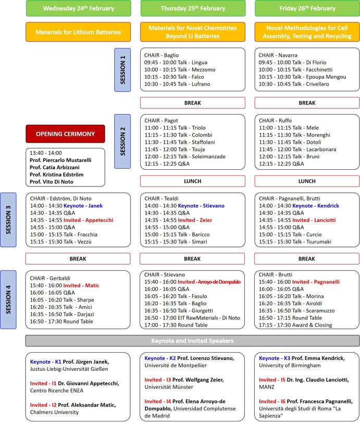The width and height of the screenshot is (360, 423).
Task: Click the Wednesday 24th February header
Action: coord(78,8)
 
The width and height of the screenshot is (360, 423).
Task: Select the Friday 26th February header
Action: coord(307,8)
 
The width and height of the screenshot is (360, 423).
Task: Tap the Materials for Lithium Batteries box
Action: coord(78,32)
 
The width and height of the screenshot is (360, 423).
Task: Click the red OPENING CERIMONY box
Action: coord(65,134)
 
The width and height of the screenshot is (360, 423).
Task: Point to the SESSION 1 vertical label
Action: coord(122,70)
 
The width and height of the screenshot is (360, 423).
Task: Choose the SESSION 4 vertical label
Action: coord(8,300)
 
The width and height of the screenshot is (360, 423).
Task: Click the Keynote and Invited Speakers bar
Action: coord(192,340)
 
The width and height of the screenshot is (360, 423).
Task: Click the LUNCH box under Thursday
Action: coord(192,181)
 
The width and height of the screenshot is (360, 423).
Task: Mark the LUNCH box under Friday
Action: coord(307,181)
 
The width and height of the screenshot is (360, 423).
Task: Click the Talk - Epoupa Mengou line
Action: coord(304,77)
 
